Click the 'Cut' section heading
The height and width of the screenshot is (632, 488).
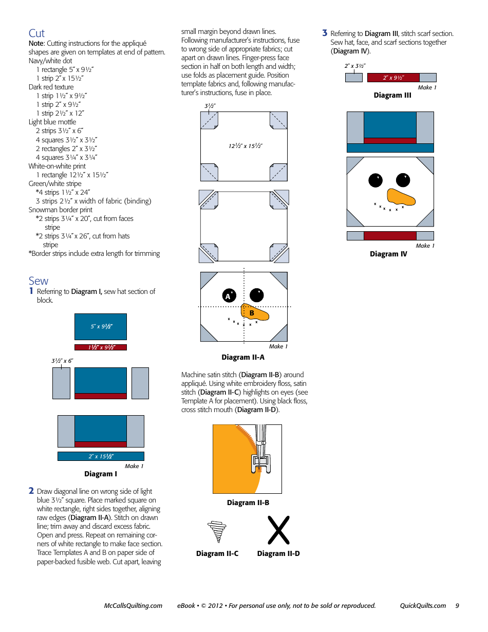pyautogui.click(x=36, y=33)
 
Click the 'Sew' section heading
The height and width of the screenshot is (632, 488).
pyautogui.click(x=39, y=281)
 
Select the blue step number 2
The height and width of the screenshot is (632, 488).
pyautogui.click(x=31, y=491)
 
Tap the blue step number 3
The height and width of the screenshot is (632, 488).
pyautogui.click(x=325, y=33)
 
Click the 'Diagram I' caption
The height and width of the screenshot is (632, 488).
pyautogui.click(x=101, y=474)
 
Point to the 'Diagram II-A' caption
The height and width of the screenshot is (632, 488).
pyautogui.click(x=243, y=357)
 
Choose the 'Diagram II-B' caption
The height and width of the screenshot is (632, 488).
pyautogui.click(x=248, y=503)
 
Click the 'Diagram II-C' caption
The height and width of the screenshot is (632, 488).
pyautogui.click(x=217, y=553)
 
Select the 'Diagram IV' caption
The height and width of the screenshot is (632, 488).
pyautogui.click(x=388, y=254)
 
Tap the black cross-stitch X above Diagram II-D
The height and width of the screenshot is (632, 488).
pyautogui.click(x=278, y=530)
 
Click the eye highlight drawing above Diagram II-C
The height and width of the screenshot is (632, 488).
pyautogui.click(x=217, y=531)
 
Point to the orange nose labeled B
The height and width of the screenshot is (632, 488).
pyautogui.click(x=254, y=313)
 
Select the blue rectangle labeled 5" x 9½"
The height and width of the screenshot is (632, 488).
pyautogui.click(x=101, y=326)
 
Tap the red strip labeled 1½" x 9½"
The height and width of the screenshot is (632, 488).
pyautogui.click(x=101, y=347)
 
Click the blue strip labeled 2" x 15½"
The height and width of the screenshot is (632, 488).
pyautogui.click(x=101, y=456)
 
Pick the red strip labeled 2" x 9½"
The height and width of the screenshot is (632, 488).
pyautogui.click(x=393, y=78)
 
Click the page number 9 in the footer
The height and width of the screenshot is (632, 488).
pyautogui.click(x=457, y=605)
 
